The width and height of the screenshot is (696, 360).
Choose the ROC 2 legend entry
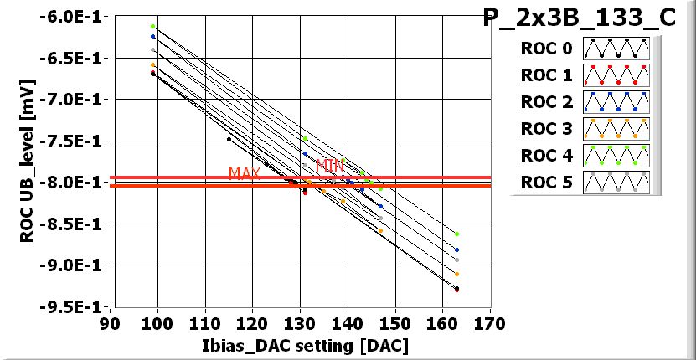(x=546, y=102)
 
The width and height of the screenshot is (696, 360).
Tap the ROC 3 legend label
(x=546, y=129)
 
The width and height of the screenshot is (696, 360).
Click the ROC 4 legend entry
(x=546, y=156)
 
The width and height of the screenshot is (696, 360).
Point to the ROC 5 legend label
(x=546, y=182)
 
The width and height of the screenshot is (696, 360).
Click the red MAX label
(x=245, y=173)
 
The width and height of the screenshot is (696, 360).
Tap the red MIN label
(x=330, y=166)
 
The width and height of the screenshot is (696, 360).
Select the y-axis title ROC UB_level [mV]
(x=28, y=162)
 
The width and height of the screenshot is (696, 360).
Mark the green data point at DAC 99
(x=153, y=27)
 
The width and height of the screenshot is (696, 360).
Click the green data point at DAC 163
(x=456, y=234)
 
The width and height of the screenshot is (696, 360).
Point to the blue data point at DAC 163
(x=456, y=249)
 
